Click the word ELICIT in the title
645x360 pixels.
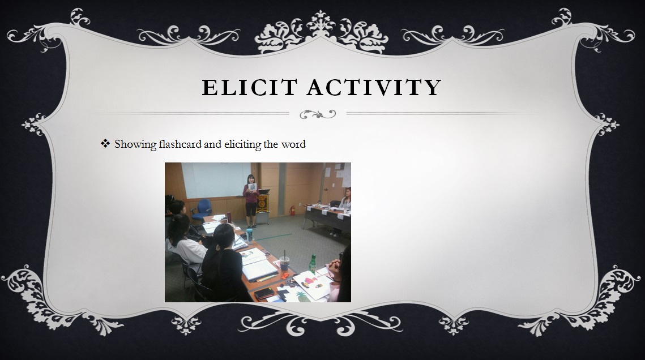click(x=249, y=87)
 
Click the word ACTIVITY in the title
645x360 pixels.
click(x=374, y=87)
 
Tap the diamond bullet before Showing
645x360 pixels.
click(x=105, y=143)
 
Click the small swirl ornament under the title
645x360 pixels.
click(x=318, y=114)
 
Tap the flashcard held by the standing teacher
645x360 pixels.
click(x=252, y=187)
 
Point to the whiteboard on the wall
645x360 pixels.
click(x=216, y=180)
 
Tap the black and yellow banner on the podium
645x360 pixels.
click(x=262, y=203)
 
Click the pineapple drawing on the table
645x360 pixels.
click(x=304, y=295)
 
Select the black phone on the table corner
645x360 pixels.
click(x=264, y=293)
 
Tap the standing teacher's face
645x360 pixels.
click(x=250, y=179)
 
